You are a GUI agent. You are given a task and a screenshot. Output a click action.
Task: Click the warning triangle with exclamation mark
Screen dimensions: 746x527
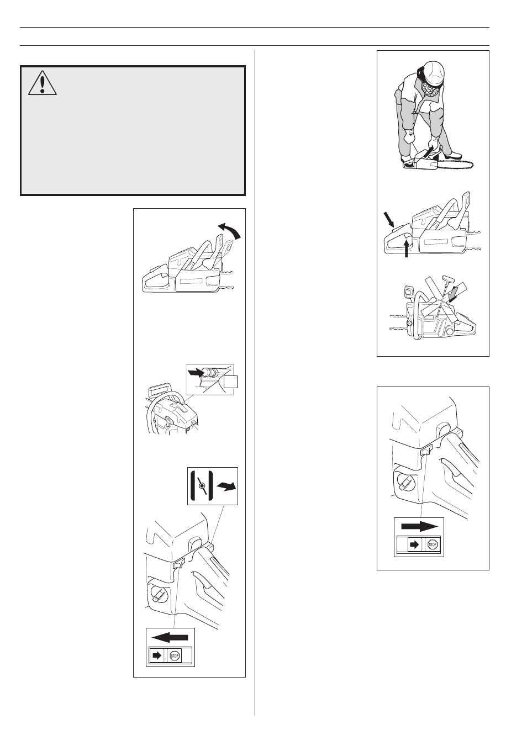point(43,83)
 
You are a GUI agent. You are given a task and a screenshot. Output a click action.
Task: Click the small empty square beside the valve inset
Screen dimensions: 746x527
point(231,382)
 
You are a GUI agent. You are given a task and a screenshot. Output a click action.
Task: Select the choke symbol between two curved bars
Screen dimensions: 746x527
point(202,486)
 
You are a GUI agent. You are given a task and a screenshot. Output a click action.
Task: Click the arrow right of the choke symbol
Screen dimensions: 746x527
point(226,486)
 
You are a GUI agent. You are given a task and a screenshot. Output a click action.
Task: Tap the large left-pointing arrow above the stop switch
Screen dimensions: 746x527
point(170,637)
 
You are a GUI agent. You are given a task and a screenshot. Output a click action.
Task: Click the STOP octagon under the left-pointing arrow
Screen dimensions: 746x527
point(175,656)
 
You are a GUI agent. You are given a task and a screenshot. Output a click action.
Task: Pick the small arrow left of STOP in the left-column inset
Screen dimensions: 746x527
point(157,656)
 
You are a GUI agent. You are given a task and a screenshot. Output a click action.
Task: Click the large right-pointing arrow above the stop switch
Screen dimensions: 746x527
point(419,526)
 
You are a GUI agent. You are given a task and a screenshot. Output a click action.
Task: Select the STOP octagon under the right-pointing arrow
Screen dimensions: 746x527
point(433,545)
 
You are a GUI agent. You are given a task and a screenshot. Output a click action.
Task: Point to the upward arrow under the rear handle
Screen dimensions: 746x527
point(407,248)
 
